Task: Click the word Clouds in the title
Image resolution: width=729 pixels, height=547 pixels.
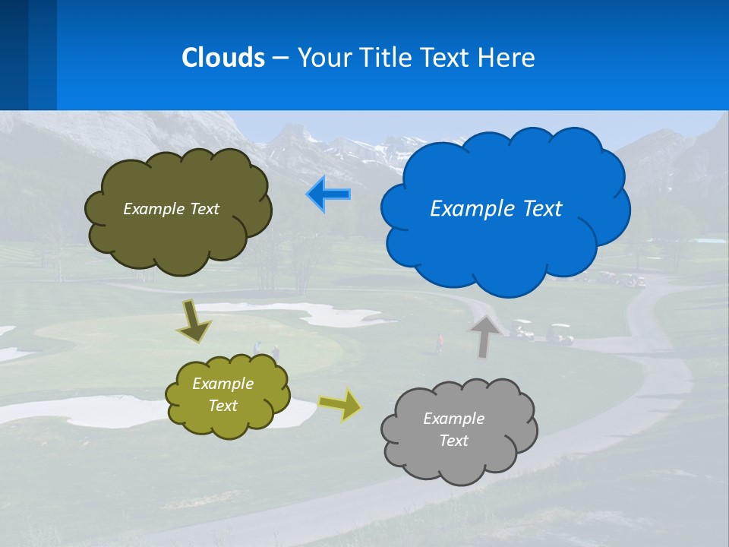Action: point(223,58)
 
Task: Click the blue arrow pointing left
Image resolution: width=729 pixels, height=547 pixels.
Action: point(328,194)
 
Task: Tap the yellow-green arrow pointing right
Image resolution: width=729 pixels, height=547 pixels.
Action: point(340,404)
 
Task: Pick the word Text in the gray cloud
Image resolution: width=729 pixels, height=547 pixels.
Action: point(453,441)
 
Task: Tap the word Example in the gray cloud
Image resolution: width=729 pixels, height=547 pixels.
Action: point(453,419)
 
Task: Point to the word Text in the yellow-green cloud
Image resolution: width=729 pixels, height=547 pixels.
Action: point(222,406)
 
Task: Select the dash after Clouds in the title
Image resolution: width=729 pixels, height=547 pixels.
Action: point(279,58)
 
